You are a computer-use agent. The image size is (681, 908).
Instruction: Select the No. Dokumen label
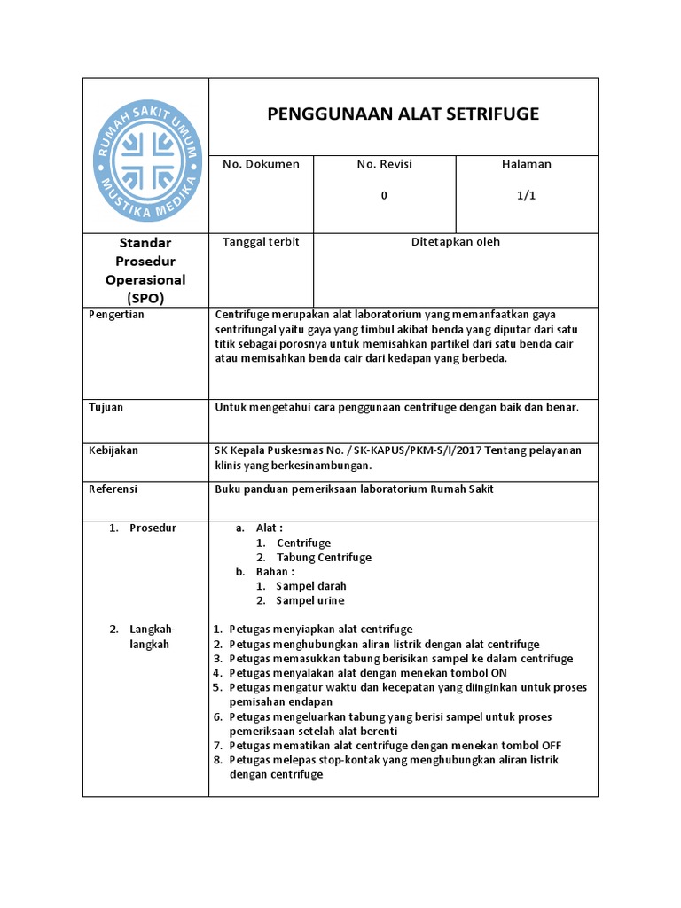point(261,164)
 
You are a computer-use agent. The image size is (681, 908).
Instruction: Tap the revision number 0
point(384,196)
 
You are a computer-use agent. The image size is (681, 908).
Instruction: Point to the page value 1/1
point(527,196)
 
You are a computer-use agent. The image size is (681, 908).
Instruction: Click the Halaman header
point(527,164)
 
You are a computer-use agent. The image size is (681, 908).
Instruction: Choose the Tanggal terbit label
point(261,242)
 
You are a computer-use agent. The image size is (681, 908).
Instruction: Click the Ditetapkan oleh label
point(456,242)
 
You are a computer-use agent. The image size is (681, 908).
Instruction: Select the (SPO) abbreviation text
point(145,298)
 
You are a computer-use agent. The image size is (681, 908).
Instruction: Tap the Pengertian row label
point(116,314)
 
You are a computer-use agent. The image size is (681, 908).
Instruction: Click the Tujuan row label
point(106,408)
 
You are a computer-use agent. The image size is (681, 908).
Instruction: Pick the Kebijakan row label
point(113,450)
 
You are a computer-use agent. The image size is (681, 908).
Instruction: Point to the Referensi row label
point(113,489)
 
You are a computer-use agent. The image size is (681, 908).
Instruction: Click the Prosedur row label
point(153,528)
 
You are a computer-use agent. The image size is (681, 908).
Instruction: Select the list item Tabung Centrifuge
point(324,558)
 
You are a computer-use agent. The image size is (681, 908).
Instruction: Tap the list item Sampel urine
point(310,600)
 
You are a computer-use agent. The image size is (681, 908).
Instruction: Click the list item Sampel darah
point(311,586)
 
